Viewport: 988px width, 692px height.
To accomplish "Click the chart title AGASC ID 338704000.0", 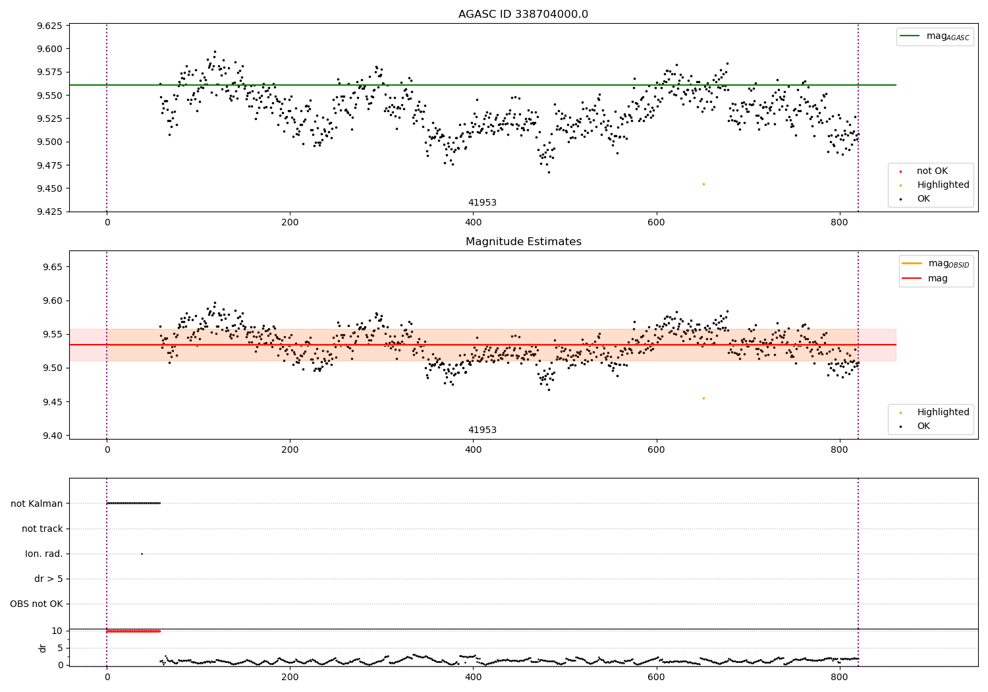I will coord(523,14).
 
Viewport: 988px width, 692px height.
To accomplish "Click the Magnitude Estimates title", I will coord(523,242).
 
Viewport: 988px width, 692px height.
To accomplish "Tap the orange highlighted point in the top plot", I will coord(703,184).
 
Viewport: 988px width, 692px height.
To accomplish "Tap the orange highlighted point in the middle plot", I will coord(703,398).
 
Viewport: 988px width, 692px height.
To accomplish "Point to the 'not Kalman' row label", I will coord(37,504).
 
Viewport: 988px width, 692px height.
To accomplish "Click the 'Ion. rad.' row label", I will coord(44,554).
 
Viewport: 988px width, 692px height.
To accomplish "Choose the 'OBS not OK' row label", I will coord(37,604).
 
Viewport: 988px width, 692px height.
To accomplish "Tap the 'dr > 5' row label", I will coord(49,579).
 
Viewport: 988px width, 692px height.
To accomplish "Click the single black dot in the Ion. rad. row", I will coord(142,554).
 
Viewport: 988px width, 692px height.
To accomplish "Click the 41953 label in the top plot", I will coord(482,203).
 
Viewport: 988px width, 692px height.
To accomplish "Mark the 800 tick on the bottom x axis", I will coord(840,677).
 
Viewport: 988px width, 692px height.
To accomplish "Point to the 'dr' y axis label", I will coord(43,648).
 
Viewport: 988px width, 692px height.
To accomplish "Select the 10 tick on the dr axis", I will coord(57,631).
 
